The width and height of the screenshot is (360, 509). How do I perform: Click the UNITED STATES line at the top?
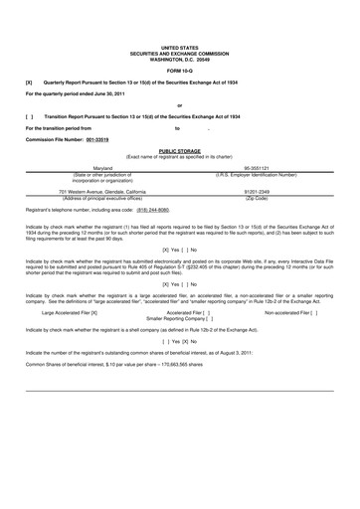point(179,47)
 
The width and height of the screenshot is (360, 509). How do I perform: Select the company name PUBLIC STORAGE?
point(179,151)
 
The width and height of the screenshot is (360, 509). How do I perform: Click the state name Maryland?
point(102,169)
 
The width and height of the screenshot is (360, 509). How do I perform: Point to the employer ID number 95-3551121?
point(256,169)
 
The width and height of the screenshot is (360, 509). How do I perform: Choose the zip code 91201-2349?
point(256,191)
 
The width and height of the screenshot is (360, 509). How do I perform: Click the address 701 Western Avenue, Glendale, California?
point(102,191)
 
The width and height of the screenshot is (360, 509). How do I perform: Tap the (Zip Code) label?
point(256,197)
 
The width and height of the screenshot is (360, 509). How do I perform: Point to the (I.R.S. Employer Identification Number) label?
point(256,175)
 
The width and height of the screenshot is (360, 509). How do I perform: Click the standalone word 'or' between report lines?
point(179,104)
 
